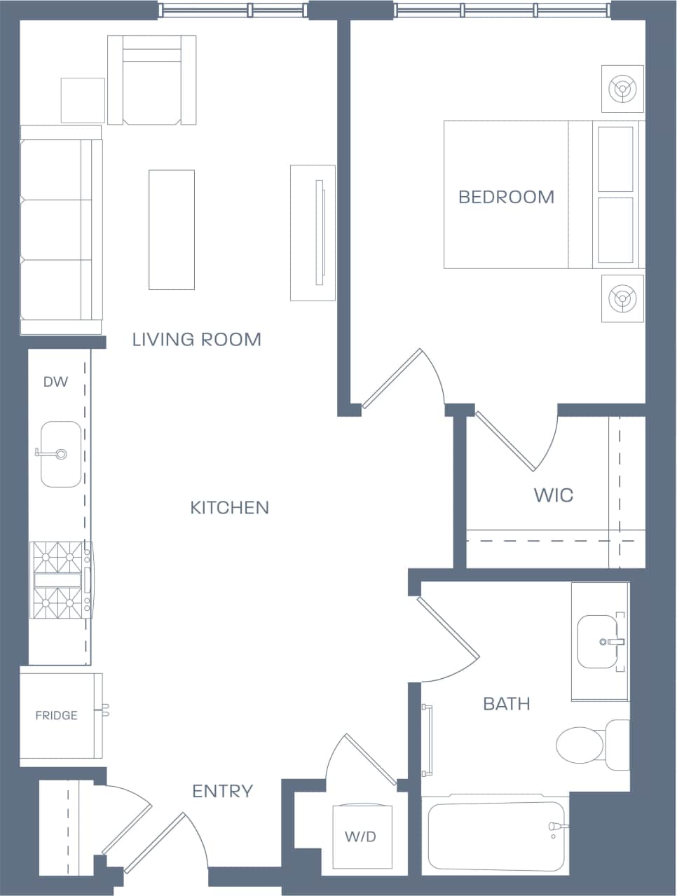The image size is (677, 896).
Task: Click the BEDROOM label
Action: pyautogui.click(x=506, y=197)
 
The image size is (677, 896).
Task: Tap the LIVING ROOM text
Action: pyautogui.click(x=197, y=340)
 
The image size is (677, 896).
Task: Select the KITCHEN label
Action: pyautogui.click(x=229, y=508)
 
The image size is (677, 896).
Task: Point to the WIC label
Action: pyautogui.click(x=553, y=495)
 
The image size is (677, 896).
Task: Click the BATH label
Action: pyautogui.click(x=506, y=704)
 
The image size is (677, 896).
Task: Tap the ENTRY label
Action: pyautogui.click(x=222, y=792)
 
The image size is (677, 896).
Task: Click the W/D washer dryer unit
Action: pyautogui.click(x=360, y=836)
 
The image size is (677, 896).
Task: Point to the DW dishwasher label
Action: pyautogui.click(x=55, y=382)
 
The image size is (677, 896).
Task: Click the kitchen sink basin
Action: pyautogui.click(x=60, y=454)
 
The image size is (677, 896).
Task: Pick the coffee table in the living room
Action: pyautogui.click(x=171, y=230)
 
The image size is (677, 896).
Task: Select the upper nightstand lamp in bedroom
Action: pyautogui.click(x=622, y=89)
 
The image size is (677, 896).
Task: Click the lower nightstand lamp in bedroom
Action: pyautogui.click(x=622, y=298)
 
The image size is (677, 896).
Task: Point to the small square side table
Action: pyautogui.click(x=83, y=100)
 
